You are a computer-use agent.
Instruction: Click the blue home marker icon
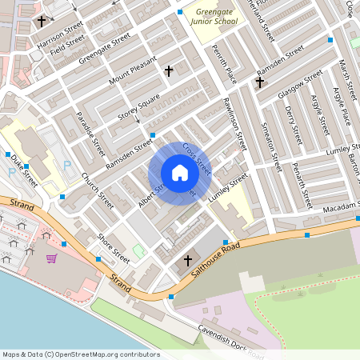180,173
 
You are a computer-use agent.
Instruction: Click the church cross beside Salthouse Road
189,261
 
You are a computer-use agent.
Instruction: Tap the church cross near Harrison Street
41,22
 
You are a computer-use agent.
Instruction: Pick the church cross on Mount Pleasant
168,71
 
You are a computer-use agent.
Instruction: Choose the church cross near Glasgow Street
259,82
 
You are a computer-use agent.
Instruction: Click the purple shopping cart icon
51,258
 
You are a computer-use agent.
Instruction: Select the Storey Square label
139,108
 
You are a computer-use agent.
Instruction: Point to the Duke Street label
24,170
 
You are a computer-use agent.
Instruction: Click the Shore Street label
113,248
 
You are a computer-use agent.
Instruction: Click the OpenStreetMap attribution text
80,354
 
